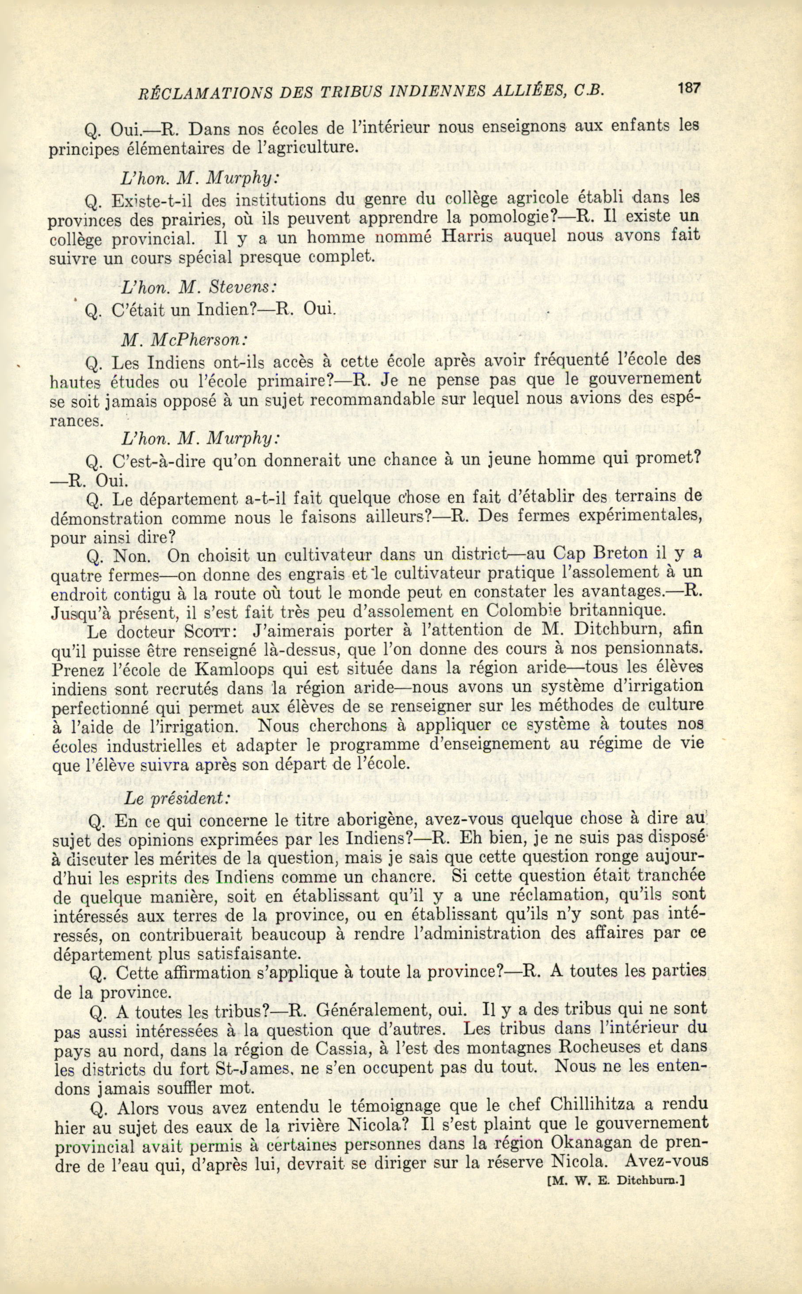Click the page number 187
[x=688, y=88]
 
